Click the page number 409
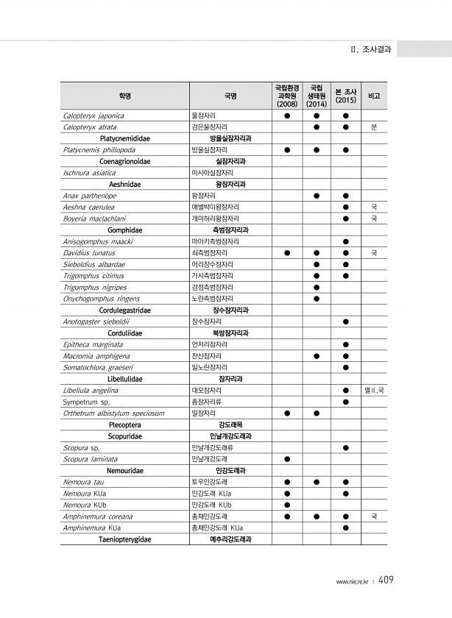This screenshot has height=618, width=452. tap(386, 580)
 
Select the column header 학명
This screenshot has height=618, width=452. tap(125, 96)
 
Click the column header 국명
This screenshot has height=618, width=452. tap(230, 96)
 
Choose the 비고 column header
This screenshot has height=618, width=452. tap(374, 96)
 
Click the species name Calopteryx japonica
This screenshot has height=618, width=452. tap(93, 116)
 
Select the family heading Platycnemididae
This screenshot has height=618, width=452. tap(125, 138)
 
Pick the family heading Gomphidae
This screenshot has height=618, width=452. tap(125, 230)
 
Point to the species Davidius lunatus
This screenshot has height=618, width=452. tap(89, 253)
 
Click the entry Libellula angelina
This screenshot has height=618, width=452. tap(91, 390)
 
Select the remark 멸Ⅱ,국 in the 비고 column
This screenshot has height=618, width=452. tap(374, 390)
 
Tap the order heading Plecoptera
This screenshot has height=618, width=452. tap(125, 425)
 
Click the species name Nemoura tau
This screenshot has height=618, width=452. tap(82, 482)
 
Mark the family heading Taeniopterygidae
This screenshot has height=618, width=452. tap(125, 539)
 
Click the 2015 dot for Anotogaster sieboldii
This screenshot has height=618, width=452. tap(345, 322)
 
